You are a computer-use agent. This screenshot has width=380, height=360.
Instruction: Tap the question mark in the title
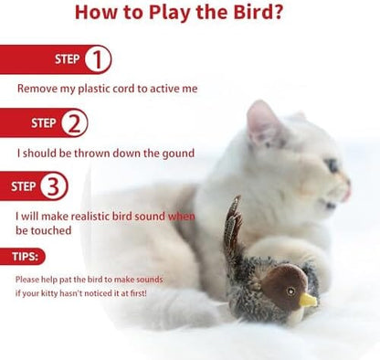pyautogui.click(x=274, y=12)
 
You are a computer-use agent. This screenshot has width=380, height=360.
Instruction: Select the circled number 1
pyautogui.click(x=98, y=59)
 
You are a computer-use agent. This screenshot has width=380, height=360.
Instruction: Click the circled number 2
pyautogui.click(x=74, y=123)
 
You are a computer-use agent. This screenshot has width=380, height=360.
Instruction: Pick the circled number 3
pyautogui.click(x=54, y=185)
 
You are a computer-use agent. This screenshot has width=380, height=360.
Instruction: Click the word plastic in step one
pyautogui.click(x=94, y=89)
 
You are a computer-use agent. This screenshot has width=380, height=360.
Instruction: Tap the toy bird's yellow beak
pyautogui.click(x=308, y=300)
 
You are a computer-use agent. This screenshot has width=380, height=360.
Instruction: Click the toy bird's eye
pyautogui.click(x=291, y=291)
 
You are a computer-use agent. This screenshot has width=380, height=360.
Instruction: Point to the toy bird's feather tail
pyautogui.click(x=233, y=226)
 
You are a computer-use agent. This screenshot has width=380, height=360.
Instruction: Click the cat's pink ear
pyautogui.click(x=261, y=122)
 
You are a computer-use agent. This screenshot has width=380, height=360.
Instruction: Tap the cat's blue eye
pyautogui.click(x=332, y=165)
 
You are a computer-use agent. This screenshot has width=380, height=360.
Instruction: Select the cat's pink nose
pyautogui.click(x=347, y=190)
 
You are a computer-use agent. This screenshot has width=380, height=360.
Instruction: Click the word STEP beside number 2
pyautogui.click(x=44, y=123)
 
